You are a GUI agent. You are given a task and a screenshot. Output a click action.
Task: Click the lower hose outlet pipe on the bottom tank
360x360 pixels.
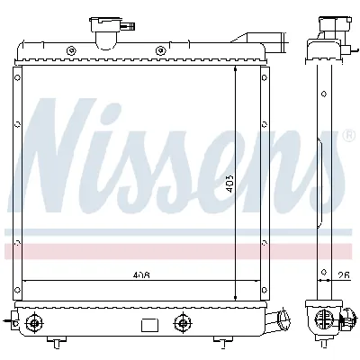click(x=285, y=319)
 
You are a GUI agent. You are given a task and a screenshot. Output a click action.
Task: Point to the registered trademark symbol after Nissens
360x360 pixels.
click(x=348, y=137)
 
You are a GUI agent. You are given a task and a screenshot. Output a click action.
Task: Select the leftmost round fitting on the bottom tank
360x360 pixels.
click(x=34, y=321)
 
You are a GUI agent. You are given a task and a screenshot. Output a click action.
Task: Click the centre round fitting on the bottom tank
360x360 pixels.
click(x=184, y=321)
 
